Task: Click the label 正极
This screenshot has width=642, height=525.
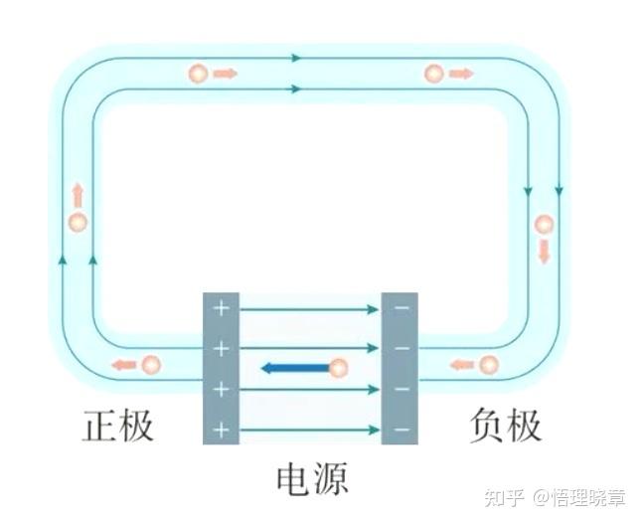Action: pos(118,426)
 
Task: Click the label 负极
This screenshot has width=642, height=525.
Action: pos(505,426)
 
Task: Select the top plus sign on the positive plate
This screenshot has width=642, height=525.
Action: pos(221,309)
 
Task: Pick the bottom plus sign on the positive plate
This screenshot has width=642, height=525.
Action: pos(221,430)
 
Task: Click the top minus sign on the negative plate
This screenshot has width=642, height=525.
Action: pos(401,309)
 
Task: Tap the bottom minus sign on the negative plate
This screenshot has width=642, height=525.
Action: pos(401,430)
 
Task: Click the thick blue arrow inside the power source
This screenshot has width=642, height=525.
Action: pos(294,368)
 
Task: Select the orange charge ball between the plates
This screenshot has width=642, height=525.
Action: pos(338,368)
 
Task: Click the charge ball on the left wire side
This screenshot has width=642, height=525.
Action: pos(78,222)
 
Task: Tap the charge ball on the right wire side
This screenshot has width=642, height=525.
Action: pos(544,225)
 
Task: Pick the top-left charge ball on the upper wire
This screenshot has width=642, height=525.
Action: pos(198,74)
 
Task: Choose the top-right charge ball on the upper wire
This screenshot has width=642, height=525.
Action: pos(433,74)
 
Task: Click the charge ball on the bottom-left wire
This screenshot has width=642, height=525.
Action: pos(150,365)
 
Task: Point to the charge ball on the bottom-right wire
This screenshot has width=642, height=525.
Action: pos(488,365)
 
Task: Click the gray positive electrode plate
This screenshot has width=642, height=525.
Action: pos(221,368)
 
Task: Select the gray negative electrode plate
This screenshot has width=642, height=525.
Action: pos(400,368)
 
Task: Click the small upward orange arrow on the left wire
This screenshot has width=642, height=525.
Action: pos(78,195)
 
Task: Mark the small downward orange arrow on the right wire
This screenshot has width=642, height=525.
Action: pos(544,253)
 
